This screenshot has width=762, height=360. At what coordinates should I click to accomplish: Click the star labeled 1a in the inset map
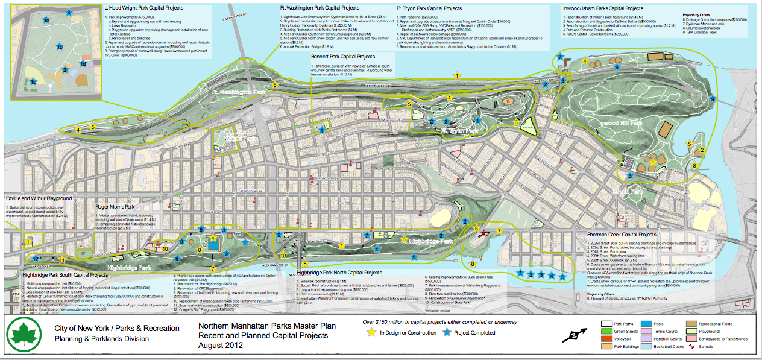46,21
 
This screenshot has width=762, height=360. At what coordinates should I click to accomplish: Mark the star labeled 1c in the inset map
33,81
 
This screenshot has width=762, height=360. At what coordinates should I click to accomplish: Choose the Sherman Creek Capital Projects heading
622,235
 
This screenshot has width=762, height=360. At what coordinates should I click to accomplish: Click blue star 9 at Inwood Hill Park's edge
713,98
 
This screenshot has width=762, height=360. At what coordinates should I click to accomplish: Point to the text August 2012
221,346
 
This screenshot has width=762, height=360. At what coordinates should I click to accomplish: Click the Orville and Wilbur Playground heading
39,198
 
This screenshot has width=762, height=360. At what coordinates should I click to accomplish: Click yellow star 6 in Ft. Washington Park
275,85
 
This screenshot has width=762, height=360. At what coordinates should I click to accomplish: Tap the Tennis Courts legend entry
662,331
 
